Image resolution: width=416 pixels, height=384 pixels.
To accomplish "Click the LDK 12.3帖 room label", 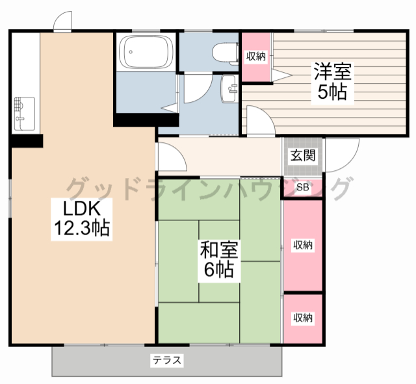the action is [82, 219].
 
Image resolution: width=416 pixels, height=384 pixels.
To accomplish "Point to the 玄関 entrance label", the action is [303, 155].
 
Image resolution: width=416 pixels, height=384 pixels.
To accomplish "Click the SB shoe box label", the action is [303, 187].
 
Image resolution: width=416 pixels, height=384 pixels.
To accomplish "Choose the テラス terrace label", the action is [167, 361].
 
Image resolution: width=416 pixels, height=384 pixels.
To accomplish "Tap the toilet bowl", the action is [226, 54].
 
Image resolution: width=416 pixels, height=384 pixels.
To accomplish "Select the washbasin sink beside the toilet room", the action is [229, 89].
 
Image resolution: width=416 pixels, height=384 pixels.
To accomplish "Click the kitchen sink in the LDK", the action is [25, 114].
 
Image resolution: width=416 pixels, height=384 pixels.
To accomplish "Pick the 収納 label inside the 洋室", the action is [255, 57].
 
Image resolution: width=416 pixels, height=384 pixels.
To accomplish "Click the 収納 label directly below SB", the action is [303, 246].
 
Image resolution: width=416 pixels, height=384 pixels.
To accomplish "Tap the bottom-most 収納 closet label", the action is [303, 318].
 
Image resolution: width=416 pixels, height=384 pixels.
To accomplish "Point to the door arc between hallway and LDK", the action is [181, 153].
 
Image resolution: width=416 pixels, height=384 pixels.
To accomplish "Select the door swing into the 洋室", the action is [267, 114].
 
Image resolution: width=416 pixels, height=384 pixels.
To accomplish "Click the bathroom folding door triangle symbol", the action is [170, 108].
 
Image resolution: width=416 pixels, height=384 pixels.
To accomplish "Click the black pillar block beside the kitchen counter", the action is [27, 141].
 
